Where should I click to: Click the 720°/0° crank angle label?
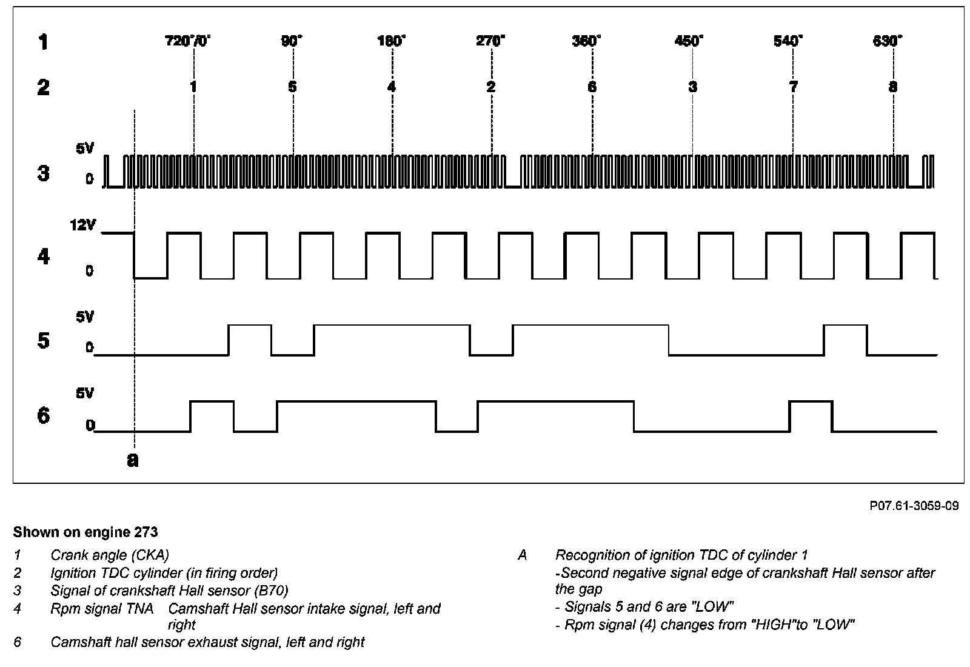[x=188, y=41]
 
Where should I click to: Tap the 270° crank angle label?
[x=490, y=41]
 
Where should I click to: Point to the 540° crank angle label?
[x=788, y=41]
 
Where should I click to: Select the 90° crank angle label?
[x=292, y=41]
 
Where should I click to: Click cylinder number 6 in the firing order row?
[x=592, y=87]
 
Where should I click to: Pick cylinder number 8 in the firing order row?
[x=892, y=87]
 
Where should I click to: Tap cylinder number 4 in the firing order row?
[x=392, y=87]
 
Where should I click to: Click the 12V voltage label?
[x=83, y=226]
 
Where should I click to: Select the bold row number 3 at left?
[x=43, y=173]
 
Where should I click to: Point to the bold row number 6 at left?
[x=43, y=416]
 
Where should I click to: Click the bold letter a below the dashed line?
[x=133, y=460]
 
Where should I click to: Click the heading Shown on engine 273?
[x=85, y=532]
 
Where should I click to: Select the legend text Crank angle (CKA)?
[x=110, y=555]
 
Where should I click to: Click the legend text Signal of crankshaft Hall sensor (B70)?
[x=169, y=591]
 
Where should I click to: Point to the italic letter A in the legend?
[x=523, y=555]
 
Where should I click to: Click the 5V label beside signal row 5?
[x=85, y=317]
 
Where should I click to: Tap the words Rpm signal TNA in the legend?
[x=102, y=608]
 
